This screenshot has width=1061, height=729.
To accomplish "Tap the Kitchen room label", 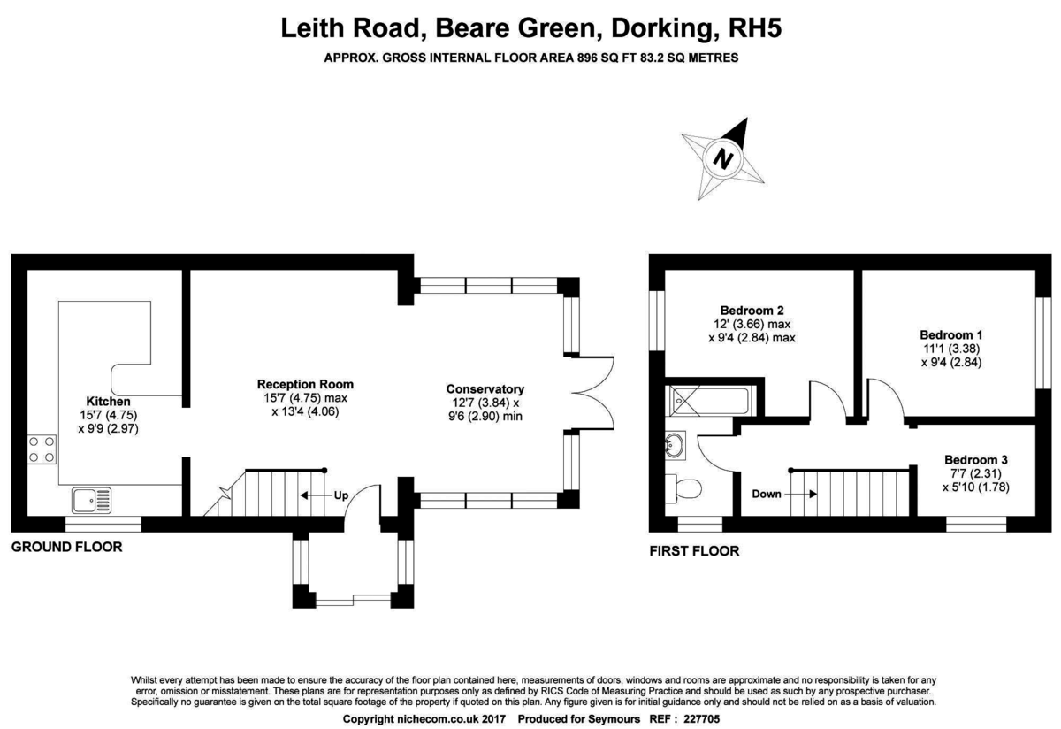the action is (108, 401).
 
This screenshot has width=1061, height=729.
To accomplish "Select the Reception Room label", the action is (305, 384).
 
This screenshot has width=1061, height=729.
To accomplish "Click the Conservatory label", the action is (485, 389).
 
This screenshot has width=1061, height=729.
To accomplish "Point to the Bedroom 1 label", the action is (951, 335).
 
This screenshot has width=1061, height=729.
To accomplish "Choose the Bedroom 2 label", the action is (752, 311).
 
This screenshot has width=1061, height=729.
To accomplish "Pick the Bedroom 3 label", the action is (976, 460).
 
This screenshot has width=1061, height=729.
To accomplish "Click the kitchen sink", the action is (92, 501).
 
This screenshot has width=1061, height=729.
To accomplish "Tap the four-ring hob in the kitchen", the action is (42, 449).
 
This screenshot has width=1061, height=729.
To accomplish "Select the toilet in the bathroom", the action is (683, 488).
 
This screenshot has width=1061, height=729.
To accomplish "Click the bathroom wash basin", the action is (675, 446).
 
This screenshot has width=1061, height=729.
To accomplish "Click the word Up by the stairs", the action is (341, 495).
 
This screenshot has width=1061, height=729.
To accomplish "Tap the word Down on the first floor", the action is (767, 494).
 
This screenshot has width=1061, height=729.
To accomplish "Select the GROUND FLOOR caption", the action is (67, 547).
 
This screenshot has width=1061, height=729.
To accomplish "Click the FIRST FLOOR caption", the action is (694, 551).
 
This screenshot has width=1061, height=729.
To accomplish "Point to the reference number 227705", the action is (701, 719).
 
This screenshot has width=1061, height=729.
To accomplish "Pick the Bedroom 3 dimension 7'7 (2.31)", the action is (976, 473).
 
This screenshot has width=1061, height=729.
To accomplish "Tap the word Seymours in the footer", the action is (614, 719).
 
